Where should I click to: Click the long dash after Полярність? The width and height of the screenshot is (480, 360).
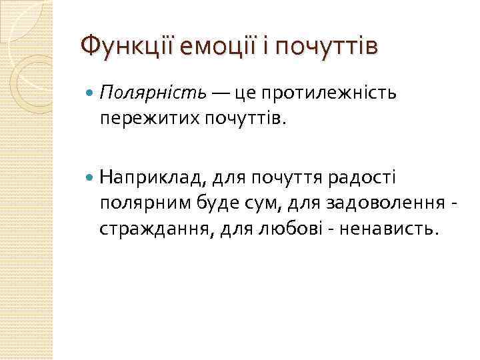pos(219,92)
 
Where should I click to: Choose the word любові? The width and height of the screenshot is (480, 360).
pos(283,228)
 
